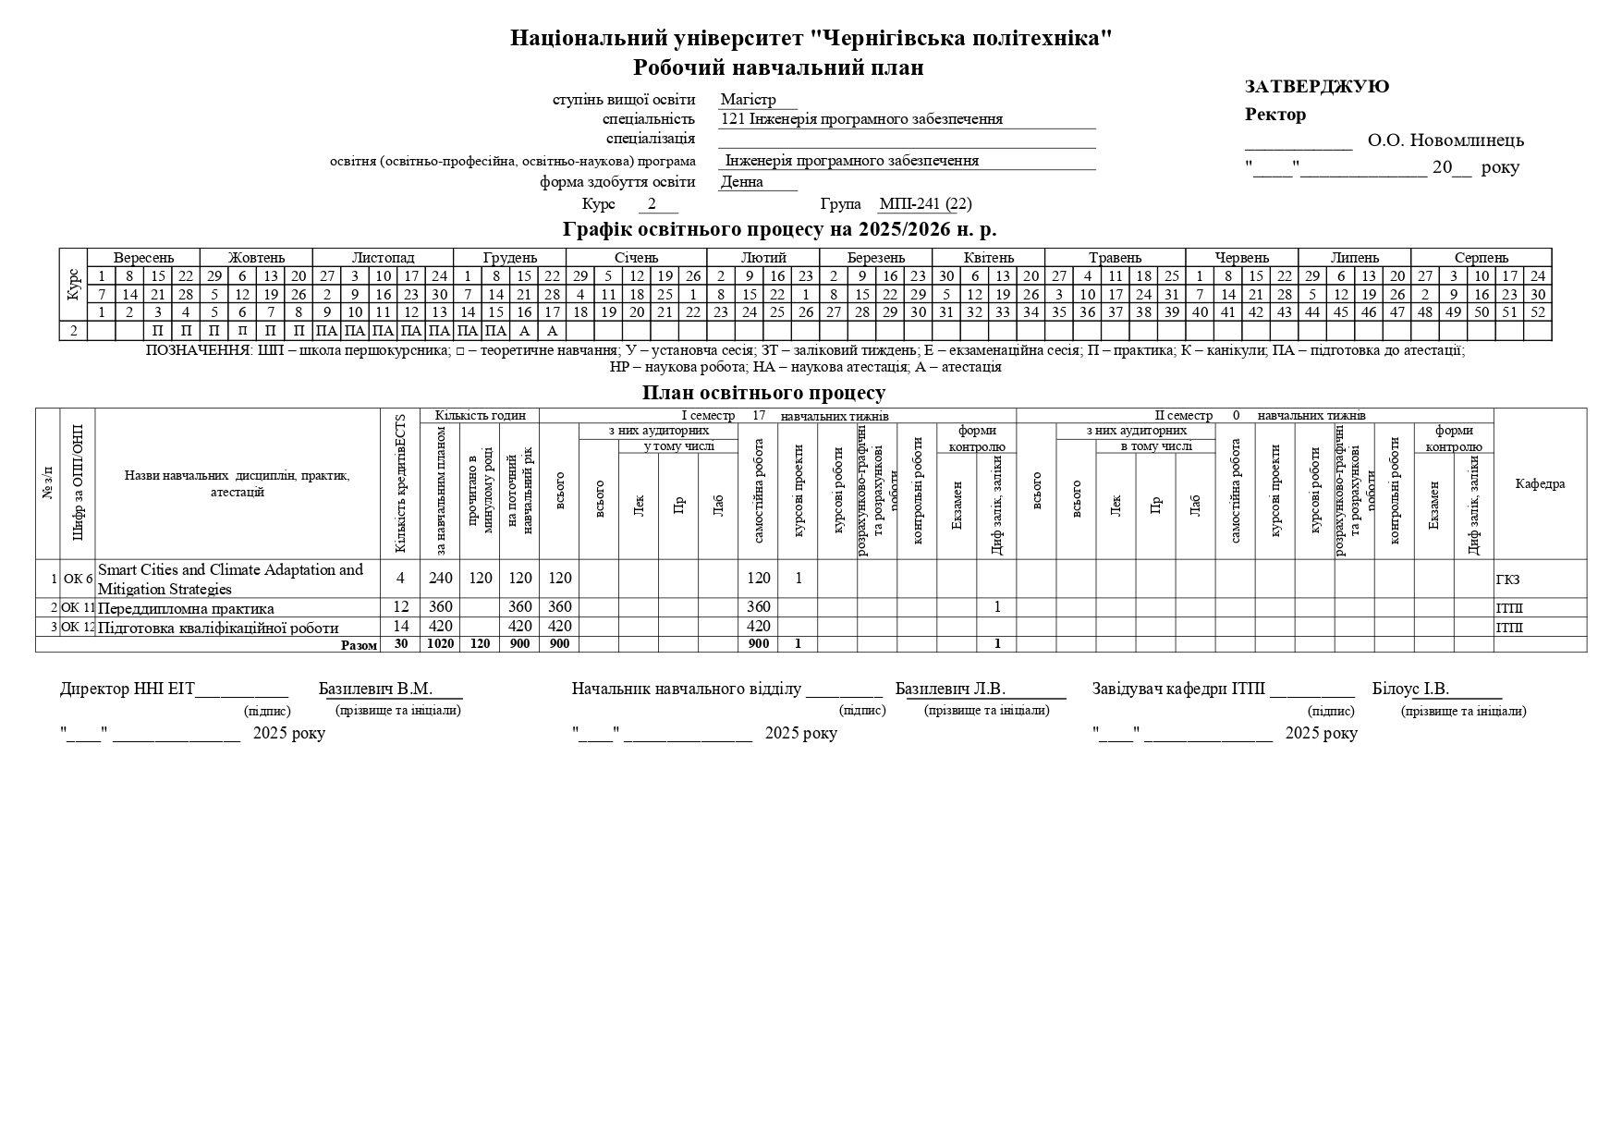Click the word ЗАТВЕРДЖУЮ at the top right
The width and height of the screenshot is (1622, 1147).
point(1316,87)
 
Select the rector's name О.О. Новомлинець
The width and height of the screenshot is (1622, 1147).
point(1445,140)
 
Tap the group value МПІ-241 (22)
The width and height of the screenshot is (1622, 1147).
point(924,204)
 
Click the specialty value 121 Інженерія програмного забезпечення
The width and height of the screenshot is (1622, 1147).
point(861,119)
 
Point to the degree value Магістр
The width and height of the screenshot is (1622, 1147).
point(748,100)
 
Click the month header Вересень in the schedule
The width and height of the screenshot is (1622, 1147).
point(143,258)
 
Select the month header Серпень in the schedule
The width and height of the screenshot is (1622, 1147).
point(1481,258)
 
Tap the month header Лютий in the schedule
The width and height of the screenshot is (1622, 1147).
point(763,258)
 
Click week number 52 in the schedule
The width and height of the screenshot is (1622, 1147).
point(1537,312)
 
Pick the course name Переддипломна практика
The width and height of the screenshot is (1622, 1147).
point(186,608)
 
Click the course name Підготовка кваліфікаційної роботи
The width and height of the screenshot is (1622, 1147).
point(217,628)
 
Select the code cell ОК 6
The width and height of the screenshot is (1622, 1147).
point(78,580)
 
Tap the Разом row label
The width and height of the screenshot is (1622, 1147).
point(359,645)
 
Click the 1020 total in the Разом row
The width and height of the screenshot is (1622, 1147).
point(440,644)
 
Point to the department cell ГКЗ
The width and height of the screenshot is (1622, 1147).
point(1507,580)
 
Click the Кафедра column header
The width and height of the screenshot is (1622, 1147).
point(1540,484)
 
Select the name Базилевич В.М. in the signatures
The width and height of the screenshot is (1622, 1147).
point(375,689)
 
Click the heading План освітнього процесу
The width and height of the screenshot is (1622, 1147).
point(763,393)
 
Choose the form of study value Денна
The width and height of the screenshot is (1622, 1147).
point(741,182)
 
